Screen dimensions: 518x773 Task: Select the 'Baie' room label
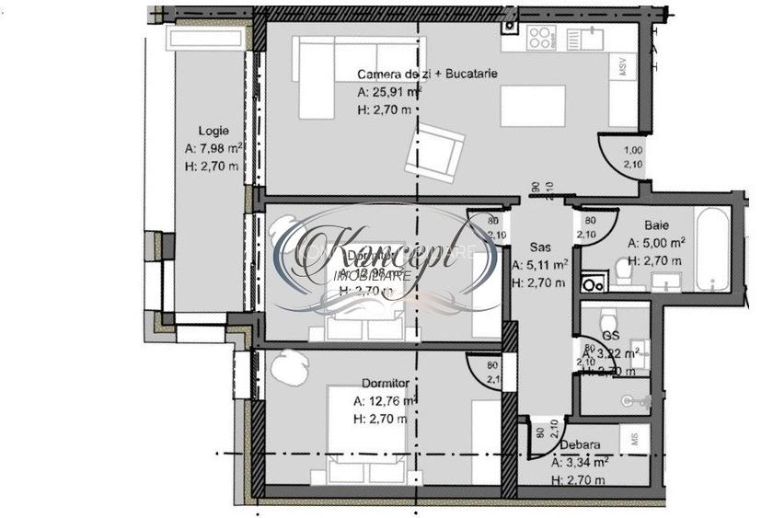click(656, 224)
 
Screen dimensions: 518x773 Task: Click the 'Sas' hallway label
click(540, 247)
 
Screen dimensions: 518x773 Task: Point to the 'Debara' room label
click(580, 444)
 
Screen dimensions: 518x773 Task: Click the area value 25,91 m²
click(389, 92)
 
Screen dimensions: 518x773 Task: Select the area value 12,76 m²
click(386, 400)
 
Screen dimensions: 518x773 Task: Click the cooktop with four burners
click(540, 38)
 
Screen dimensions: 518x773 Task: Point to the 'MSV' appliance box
click(623, 67)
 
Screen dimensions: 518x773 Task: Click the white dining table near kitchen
click(534, 106)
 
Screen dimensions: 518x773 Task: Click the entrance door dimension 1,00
click(633, 151)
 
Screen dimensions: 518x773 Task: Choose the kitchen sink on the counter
click(583, 40)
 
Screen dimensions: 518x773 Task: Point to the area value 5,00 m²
click(656, 244)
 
